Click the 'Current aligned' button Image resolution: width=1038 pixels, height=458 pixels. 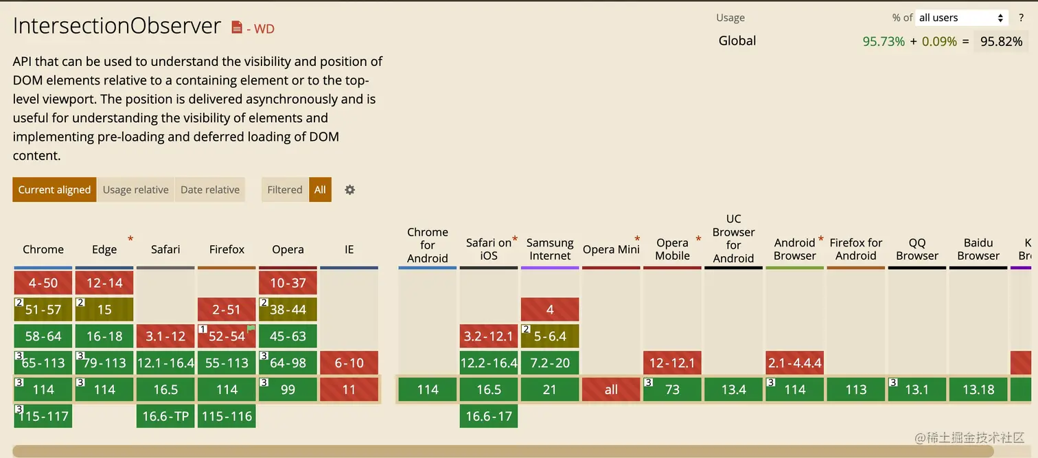pyautogui.click(x=54, y=190)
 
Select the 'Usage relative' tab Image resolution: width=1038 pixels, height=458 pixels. pyautogui.click(x=135, y=190)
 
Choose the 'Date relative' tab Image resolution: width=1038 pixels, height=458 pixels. pyautogui.click(x=210, y=190)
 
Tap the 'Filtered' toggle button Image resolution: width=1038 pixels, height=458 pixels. pyautogui.click(x=284, y=190)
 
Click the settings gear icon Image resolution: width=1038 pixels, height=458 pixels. pyautogui.click(x=350, y=190)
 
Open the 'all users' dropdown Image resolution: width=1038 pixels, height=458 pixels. pyautogui.click(x=962, y=18)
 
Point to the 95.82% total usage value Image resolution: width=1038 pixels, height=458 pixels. pyautogui.click(x=1001, y=41)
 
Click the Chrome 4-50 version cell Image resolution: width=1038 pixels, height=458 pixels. pyautogui.click(x=43, y=283)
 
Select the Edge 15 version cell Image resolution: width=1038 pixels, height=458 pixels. pyautogui.click(x=104, y=310)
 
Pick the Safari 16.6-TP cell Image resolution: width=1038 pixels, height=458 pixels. pyautogui.click(x=165, y=416)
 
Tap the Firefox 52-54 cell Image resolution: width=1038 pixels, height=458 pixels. pyautogui.click(x=227, y=336)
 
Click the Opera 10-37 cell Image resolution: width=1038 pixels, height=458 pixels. pyautogui.click(x=288, y=283)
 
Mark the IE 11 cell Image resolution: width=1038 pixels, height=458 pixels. pyautogui.click(x=349, y=389)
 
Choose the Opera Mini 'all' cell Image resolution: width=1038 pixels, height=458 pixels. pyautogui.click(x=611, y=389)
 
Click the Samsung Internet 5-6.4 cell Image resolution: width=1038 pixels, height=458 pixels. pyautogui.click(x=550, y=336)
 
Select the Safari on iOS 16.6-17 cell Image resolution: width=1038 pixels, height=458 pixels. pyautogui.click(x=489, y=416)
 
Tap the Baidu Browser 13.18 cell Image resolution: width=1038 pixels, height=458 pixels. pyautogui.click(x=978, y=389)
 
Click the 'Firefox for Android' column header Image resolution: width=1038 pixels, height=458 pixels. pyautogui.click(x=856, y=249)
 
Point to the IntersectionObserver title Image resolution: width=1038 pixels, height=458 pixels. pyautogui.click(x=117, y=26)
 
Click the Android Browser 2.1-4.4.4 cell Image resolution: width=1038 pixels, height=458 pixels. pyautogui.click(x=795, y=363)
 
